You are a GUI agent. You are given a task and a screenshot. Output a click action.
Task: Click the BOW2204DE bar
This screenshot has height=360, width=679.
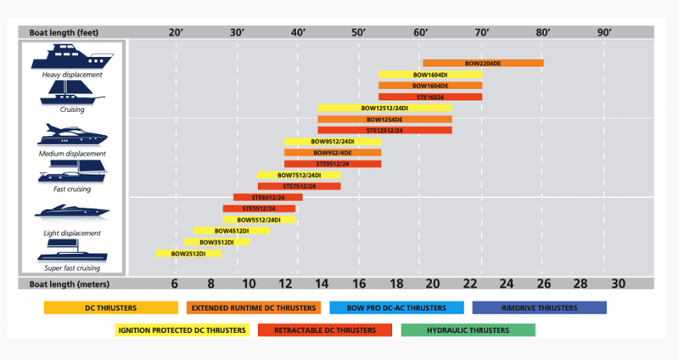click(x=483, y=63)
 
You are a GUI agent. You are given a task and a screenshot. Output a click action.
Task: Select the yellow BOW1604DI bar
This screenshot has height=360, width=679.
click(x=430, y=75)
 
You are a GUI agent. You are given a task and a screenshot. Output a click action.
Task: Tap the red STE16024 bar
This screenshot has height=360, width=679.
click(x=430, y=97)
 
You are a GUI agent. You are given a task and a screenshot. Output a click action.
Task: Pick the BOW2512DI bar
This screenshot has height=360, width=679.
click(x=188, y=253)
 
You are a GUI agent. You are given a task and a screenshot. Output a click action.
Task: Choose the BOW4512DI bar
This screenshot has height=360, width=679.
click(x=231, y=230)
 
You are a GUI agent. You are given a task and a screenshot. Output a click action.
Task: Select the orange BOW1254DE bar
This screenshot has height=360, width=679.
click(x=384, y=119)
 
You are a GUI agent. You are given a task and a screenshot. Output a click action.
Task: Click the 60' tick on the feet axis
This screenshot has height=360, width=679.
click(x=421, y=31)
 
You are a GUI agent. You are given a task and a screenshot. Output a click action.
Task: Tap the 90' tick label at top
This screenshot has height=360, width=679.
click(x=604, y=31)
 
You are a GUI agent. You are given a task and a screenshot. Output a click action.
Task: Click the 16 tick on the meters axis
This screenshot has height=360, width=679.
click(x=359, y=284)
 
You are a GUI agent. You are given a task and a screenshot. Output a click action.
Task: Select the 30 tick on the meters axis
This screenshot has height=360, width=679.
click(x=617, y=284)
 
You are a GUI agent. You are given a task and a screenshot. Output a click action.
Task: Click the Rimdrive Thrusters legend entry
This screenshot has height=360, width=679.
click(x=539, y=307)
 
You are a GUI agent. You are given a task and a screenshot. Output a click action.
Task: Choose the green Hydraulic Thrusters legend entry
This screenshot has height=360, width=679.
click(x=468, y=329)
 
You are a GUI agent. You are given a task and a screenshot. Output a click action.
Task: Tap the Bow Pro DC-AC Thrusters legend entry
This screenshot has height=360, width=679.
click(x=396, y=307)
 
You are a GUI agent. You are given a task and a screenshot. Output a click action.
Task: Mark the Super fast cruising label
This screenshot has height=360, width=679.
click(x=72, y=267)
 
